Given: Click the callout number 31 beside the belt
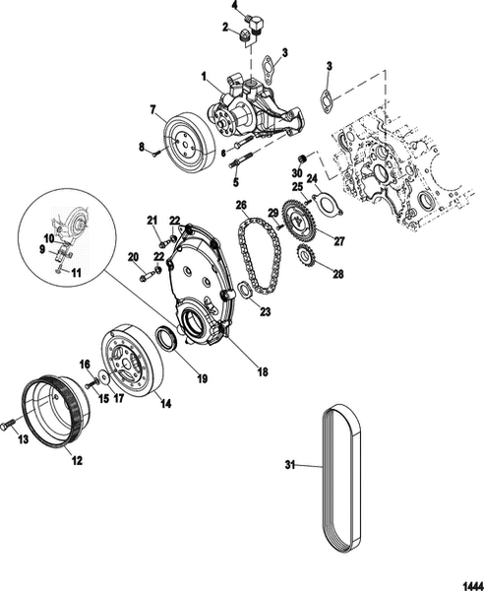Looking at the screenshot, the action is click(x=290, y=465).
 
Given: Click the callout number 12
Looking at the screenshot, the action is click(x=77, y=460).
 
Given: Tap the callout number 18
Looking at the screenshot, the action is click(x=263, y=372).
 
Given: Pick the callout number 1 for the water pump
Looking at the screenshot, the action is click(x=204, y=77).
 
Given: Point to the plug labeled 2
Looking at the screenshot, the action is click(x=244, y=35).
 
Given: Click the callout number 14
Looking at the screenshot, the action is click(x=165, y=403).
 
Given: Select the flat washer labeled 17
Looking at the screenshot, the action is click(x=102, y=377).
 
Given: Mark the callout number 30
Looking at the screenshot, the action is click(x=297, y=173).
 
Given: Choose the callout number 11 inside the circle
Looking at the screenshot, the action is click(x=77, y=273).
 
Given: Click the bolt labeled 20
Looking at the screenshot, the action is click(x=148, y=275).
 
